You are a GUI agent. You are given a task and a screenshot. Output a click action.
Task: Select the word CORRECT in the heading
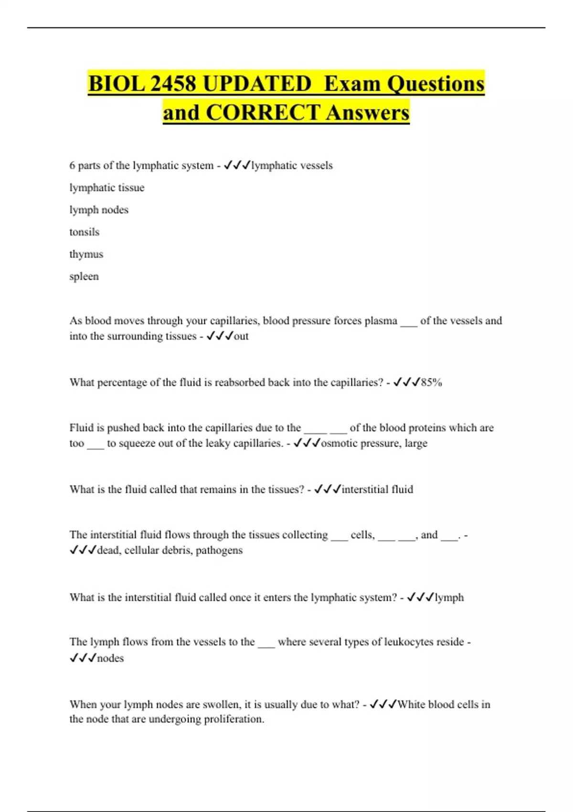pyautogui.click(x=263, y=113)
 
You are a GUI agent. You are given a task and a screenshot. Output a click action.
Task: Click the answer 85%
pyautogui.click(x=431, y=383)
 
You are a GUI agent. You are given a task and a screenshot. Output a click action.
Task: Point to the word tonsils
pyautogui.click(x=85, y=232)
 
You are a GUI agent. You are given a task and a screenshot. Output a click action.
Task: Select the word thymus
pyautogui.click(x=86, y=254)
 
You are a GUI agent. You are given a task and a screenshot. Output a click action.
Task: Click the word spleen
pyautogui.click(x=84, y=277)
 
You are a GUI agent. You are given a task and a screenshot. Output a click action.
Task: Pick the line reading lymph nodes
pyautogui.click(x=99, y=210)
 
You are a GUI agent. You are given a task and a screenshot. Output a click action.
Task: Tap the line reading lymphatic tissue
pyautogui.click(x=107, y=188)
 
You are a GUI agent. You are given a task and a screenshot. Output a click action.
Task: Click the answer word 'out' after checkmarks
pyautogui.click(x=241, y=336)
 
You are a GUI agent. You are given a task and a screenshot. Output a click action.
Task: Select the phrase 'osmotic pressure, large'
pyautogui.click(x=374, y=443)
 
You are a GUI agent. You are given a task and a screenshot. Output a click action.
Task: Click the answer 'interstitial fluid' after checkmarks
pyautogui.click(x=377, y=490)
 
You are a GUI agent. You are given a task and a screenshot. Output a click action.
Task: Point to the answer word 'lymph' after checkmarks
pyautogui.click(x=449, y=598)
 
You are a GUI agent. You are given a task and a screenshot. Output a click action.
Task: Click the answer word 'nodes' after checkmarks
pyautogui.click(x=110, y=658)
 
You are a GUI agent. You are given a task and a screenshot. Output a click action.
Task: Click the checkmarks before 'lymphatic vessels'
pyautogui.click(x=237, y=165)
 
